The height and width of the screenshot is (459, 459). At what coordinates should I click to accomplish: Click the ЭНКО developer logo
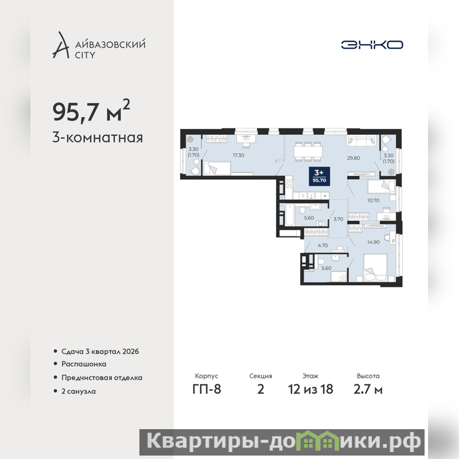pyautogui.click(x=372, y=45)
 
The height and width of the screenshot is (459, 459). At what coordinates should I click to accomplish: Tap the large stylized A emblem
pyautogui.click(x=61, y=45)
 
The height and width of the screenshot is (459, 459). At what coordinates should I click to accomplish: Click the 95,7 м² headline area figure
pyautogui.click(x=91, y=111)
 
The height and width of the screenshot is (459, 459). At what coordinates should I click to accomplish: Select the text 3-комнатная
pyautogui.click(x=98, y=138)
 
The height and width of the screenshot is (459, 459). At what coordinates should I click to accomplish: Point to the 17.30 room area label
pyautogui.click(x=238, y=155)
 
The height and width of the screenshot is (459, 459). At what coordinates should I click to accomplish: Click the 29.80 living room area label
pyautogui.click(x=353, y=158)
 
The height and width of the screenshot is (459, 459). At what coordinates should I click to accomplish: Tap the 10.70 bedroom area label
pyautogui.click(x=374, y=200)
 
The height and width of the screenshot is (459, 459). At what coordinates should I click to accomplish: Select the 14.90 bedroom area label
pyautogui.click(x=374, y=242)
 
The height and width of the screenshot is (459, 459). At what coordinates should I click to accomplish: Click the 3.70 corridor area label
pyautogui.click(x=338, y=219)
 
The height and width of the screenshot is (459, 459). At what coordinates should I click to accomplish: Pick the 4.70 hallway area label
pyautogui.click(x=322, y=246)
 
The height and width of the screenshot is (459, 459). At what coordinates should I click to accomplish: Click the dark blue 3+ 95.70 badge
pyautogui.click(x=320, y=176)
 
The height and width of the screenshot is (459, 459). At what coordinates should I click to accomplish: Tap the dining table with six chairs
pyautogui.click(x=308, y=151)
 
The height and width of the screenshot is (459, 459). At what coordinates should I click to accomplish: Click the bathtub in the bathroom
pyautogui.click(x=290, y=215)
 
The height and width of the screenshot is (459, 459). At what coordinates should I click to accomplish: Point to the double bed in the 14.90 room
pyautogui.click(x=375, y=268)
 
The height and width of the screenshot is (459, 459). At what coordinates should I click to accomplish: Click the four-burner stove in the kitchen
pyautogui.click(x=289, y=184)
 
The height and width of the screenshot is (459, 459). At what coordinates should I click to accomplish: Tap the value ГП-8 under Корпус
pyautogui.click(x=207, y=390)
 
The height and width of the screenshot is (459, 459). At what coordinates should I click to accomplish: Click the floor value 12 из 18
pyautogui.click(x=310, y=390)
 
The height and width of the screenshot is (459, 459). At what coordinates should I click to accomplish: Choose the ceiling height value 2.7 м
pyautogui.click(x=368, y=390)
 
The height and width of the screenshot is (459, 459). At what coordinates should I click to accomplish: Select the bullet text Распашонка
pyautogui.click(x=84, y=364)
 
